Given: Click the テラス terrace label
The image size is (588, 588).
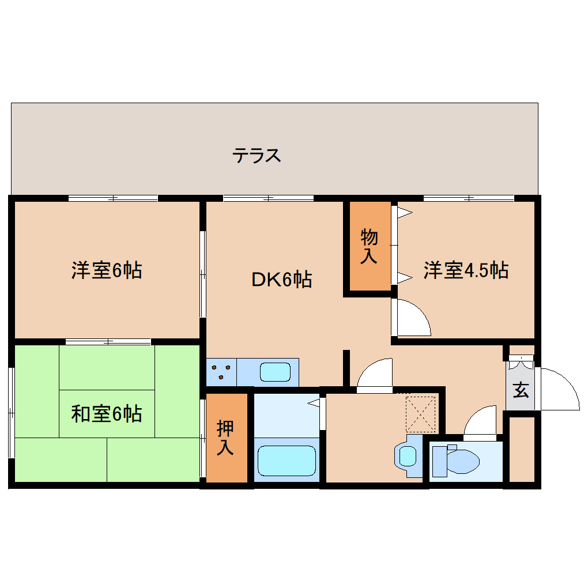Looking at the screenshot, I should pyautogui.click(x=257, y=155).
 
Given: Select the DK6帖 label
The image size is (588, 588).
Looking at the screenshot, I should pyautogui.click(x=281, y=280).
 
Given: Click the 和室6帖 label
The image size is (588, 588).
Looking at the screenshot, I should pyautogui.click(x=107, y=413).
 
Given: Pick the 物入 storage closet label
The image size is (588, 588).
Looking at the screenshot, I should pyautogui.click(x=369, y=246).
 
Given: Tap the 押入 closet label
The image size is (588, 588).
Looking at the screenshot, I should pyautogui.click(x=225, y=438).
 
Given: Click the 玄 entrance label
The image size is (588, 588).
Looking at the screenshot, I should pyautogui.click(x=521, y=390).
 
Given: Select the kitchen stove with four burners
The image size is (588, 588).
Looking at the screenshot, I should pyautogui.click(x=221, y=372).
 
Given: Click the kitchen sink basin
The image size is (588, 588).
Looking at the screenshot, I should pyautogui.click(x=274, y=372).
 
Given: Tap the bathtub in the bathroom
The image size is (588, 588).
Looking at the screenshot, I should pyautogui.click(x=287, y=459).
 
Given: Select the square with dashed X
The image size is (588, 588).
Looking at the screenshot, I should pyautogui.click(x=421, y=413).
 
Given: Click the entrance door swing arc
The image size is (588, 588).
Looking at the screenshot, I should pyautogui.click(x=559, y=389).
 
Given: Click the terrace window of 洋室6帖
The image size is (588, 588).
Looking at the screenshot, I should pyautogui.click(x=113, y=198).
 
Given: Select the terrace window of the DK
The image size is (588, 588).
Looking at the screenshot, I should pyautogui.click(x=268, y=198).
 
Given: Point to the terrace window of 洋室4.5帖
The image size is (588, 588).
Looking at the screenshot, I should pyautogui.click(x=468, y=198).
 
